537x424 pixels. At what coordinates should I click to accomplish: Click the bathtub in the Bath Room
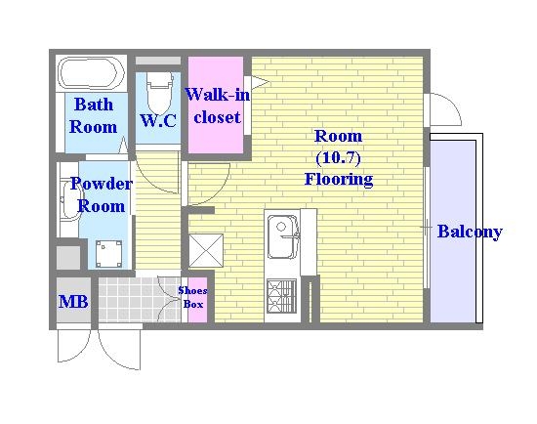pos(91,73)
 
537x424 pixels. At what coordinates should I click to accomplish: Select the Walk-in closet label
pos(218,106)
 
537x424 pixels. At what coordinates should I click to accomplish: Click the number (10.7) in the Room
pos(338,157)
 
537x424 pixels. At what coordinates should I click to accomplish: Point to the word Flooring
pos(339,179)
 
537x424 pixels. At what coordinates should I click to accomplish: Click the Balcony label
pos(470,233)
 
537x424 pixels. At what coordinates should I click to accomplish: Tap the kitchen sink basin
pos(282,236)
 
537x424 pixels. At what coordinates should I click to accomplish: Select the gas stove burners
pos(281,296)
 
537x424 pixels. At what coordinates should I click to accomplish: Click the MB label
pos(73,302)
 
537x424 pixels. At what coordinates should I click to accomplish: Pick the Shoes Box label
pos(192,297)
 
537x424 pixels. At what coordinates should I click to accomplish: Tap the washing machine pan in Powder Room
pos(109,254)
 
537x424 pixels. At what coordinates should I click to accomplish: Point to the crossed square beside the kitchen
pos(206,250)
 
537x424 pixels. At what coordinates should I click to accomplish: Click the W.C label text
pos(158,120)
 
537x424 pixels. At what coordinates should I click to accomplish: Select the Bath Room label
pos(93,115)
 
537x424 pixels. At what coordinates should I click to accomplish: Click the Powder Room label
pos(102,194)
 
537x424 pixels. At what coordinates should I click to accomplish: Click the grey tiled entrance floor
pos(140,300)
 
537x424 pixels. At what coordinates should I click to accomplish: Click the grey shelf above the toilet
pos(158,61)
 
